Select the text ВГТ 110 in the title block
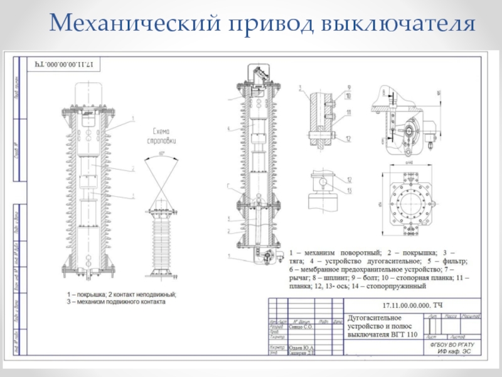click(404, 335)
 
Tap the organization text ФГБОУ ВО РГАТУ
click(452, 345)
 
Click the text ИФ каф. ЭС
click(454, 351)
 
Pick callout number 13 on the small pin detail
click(348, 190)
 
